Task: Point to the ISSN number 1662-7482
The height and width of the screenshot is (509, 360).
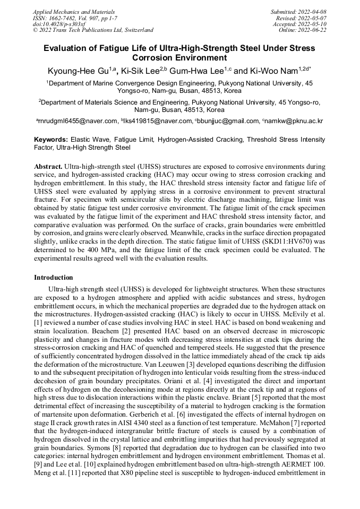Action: pyautogui.click(x=64, y=18)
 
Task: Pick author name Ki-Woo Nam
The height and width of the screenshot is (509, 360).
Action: pyautogui.click(x=277, y=70)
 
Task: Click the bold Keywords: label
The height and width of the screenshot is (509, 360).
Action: pyautogui.click(x=52, y=139)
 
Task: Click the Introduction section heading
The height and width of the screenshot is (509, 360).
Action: pyautogui.click(x=54, y=277)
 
